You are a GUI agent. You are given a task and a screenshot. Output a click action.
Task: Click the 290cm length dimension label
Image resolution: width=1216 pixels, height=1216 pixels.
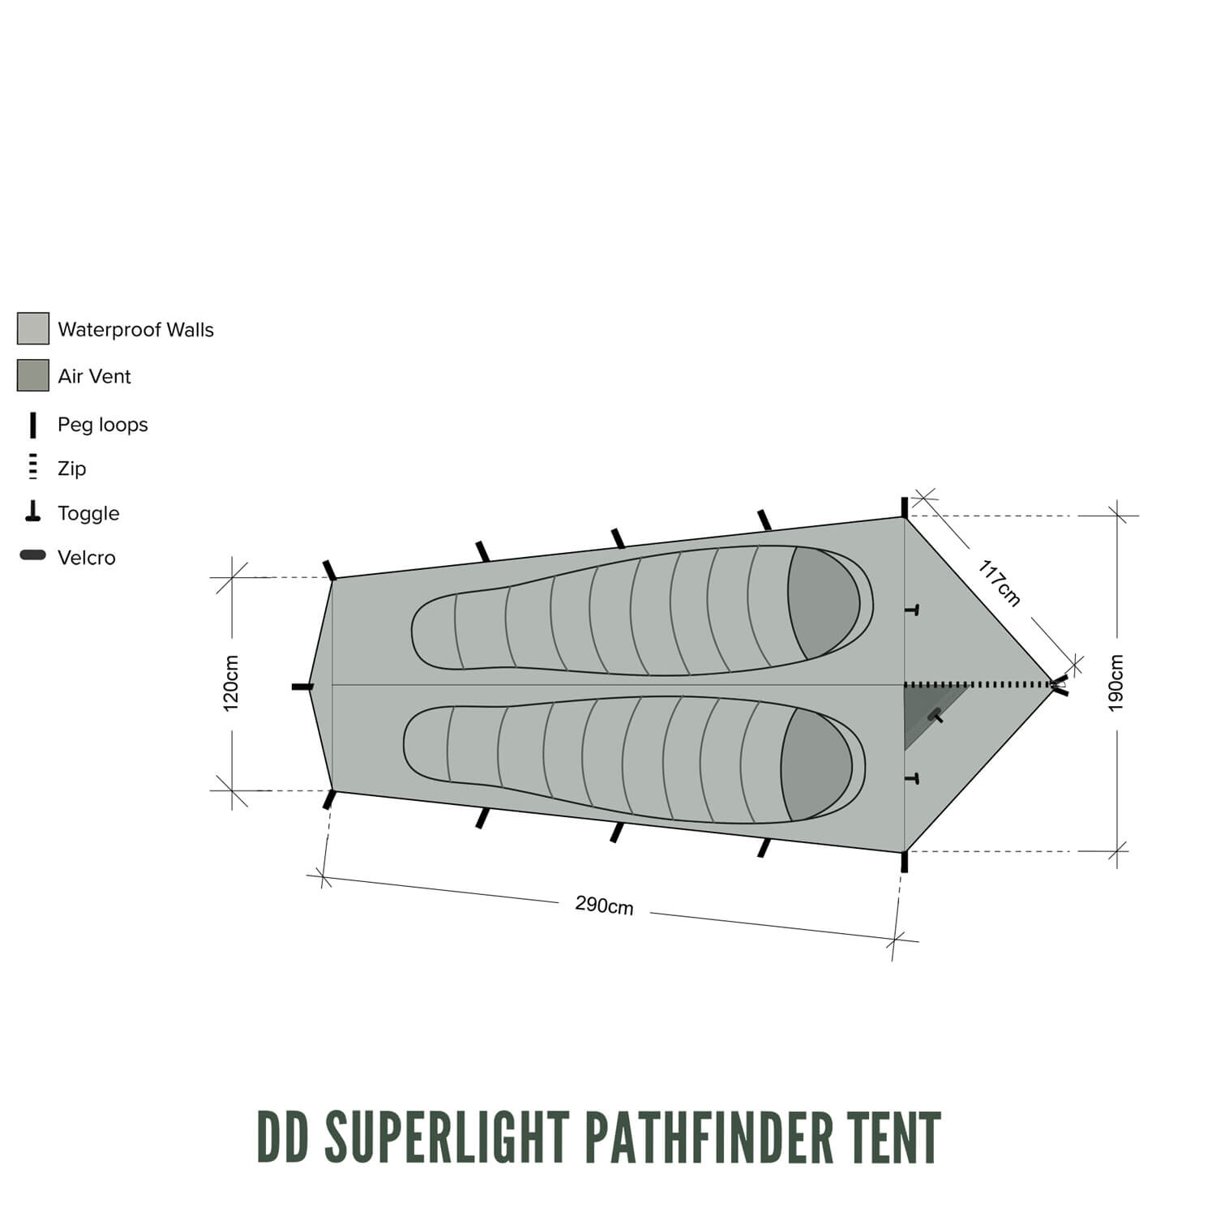tap(604, 905)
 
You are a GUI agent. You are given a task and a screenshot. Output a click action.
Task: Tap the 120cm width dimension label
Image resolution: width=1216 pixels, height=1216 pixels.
tap(231, 683)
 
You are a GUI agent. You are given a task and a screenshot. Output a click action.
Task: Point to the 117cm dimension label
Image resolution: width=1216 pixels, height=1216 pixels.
tap(999, 583)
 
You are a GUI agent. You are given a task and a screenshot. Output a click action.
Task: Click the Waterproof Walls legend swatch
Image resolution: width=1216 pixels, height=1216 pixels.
tap(33, 329)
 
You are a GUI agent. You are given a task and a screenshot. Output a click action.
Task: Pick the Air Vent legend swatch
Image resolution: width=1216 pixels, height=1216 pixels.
tap(33, 375)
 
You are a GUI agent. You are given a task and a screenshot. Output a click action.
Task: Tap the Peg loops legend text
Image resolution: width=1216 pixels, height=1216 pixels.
tap(103, 425)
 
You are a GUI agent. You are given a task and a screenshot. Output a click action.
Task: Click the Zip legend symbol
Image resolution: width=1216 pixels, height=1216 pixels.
tap(33, 467)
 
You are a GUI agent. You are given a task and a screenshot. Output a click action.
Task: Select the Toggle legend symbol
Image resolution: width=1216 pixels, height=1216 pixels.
tap(33, 512)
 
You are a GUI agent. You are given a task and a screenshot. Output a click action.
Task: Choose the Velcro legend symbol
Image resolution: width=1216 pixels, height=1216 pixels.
tap(33, 556)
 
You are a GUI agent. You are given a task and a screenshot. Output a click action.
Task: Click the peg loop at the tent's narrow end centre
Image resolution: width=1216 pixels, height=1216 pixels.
tap(302, 687)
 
